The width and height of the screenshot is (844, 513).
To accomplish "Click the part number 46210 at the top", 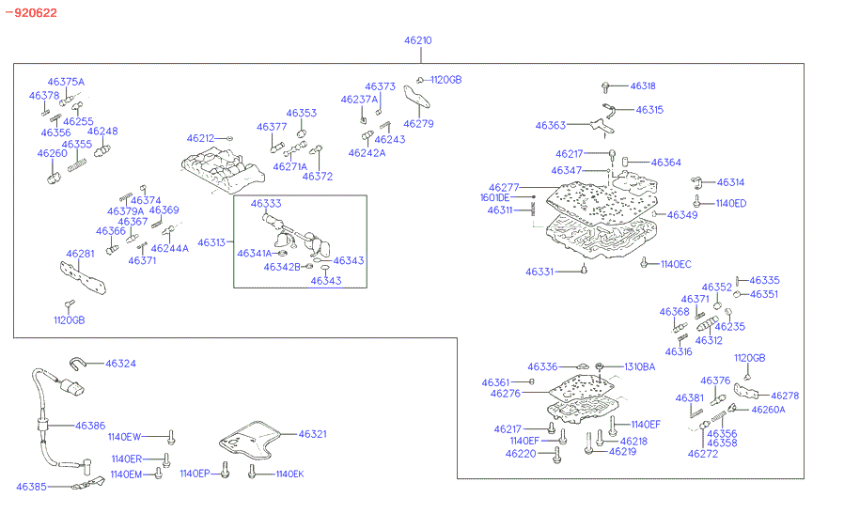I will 417,41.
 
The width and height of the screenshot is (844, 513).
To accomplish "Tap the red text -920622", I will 31,12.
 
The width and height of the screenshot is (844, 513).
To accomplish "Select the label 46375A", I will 66,83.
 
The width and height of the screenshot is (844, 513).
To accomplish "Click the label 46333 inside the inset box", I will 265,203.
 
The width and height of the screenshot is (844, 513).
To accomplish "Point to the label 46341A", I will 253,254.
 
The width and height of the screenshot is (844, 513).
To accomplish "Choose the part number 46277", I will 504,188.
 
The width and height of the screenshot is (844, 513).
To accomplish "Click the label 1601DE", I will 494,198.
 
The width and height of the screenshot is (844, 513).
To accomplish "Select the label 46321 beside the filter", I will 313,434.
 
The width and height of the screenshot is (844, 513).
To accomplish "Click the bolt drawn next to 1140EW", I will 172,437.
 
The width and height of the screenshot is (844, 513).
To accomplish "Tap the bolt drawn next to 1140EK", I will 252,474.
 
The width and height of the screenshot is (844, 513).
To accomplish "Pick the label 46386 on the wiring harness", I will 90,426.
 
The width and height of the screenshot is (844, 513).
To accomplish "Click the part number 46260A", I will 768,410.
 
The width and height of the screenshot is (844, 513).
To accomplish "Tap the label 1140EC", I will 675,265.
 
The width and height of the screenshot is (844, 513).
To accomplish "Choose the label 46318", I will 643,85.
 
